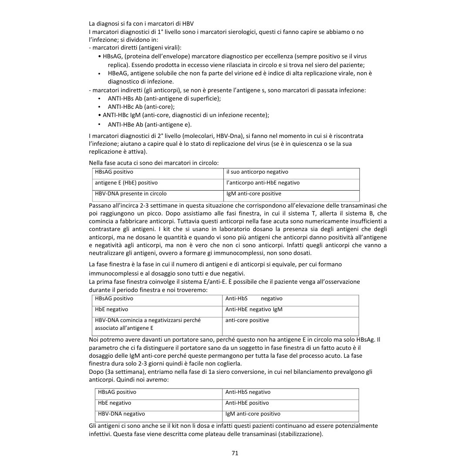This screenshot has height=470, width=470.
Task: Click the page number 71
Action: click(235, 453)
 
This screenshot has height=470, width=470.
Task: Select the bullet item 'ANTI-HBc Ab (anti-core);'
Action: click(141, 107)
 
